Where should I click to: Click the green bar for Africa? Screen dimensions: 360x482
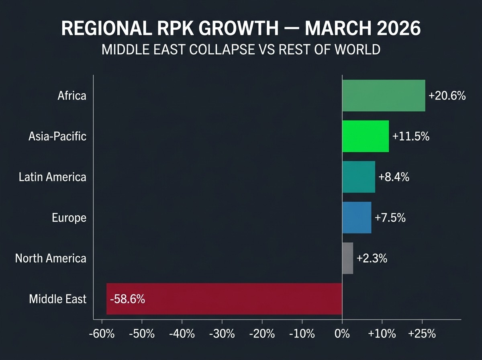(383, 96)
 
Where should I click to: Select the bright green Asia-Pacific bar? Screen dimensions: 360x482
(365, 136)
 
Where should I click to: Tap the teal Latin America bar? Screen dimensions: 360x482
(358, 177)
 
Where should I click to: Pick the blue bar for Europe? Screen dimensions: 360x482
(356, 217)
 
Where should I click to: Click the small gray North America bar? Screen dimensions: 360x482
(347, 258)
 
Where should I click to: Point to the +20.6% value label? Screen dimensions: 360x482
(447, 96)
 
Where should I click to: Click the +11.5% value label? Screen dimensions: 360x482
(411, 137)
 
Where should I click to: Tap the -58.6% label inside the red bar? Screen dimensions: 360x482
(127, 299)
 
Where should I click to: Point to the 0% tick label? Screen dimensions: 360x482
(342, 334)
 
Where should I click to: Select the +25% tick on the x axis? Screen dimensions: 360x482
(422, 334)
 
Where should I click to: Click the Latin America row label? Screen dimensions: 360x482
(52, 177)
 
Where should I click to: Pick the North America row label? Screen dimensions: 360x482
(51, 258)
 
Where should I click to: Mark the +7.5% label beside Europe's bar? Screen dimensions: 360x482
(390, 218)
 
